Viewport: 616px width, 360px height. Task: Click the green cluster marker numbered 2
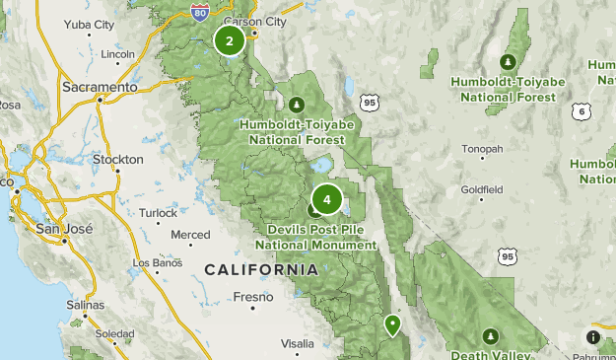(x=230, y=41)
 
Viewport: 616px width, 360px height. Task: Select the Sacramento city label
(x=100, y=88)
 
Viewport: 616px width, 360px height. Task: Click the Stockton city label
(x=117, y=159)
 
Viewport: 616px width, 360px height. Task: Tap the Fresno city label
(x=253, y=295)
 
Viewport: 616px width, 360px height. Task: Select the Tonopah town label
(x=483, y=149)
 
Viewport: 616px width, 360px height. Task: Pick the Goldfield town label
(x=482, y=188)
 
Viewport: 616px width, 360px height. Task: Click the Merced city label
(x=190, y=235)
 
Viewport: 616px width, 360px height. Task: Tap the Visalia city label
(x=297, y=343)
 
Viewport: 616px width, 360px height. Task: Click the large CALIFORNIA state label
(x=261, y=269)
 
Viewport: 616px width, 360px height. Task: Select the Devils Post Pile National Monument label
(x=316, y=238)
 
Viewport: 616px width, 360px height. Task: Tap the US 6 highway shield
(x=583, y=112)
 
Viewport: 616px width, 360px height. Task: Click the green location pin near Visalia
(x=392, y=324)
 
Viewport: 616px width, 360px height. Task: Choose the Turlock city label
(x=159, y=213)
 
